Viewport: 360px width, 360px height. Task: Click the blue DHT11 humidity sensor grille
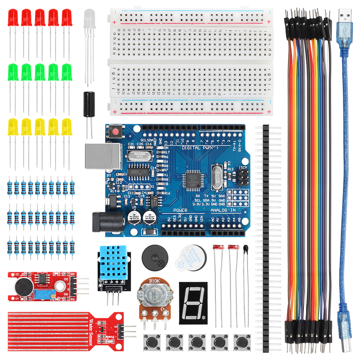[114, 264]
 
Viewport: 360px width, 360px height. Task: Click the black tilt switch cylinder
[88, 104]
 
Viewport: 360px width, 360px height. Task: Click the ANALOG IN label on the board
[223, 210]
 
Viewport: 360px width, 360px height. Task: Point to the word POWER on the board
[180, 210]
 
